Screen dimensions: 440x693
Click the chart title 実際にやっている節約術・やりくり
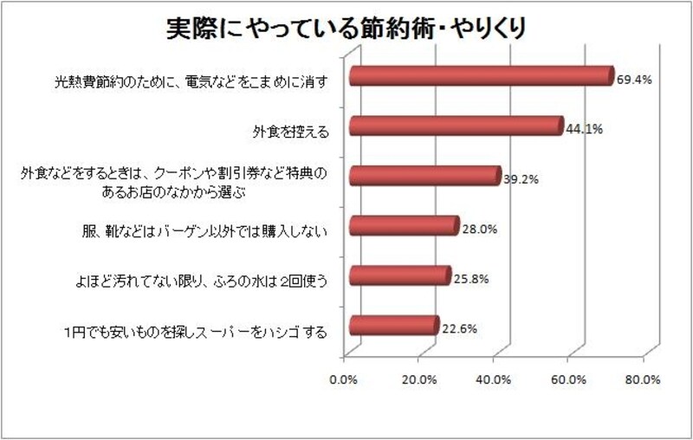pos(346,29)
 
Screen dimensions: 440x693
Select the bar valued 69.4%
pos(481,77)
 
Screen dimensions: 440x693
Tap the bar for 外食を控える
pos(456,126)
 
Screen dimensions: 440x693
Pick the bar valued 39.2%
pos(424,177)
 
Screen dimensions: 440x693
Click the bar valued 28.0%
pos(403,227)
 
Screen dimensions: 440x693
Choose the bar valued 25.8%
pos(399,276)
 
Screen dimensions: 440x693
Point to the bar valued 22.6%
pos(393,326)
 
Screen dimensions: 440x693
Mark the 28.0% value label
pos(478,230)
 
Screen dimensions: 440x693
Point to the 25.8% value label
pos(471,279)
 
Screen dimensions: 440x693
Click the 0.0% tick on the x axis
pos(345,379)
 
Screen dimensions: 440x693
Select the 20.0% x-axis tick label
pos(419,379)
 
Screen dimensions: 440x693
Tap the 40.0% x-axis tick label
pos(494,379)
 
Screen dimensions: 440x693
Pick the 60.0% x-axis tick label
pos(568,379)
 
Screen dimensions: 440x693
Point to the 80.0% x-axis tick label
pos(643,379)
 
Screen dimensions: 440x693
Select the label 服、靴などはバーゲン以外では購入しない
pos(204,230)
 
